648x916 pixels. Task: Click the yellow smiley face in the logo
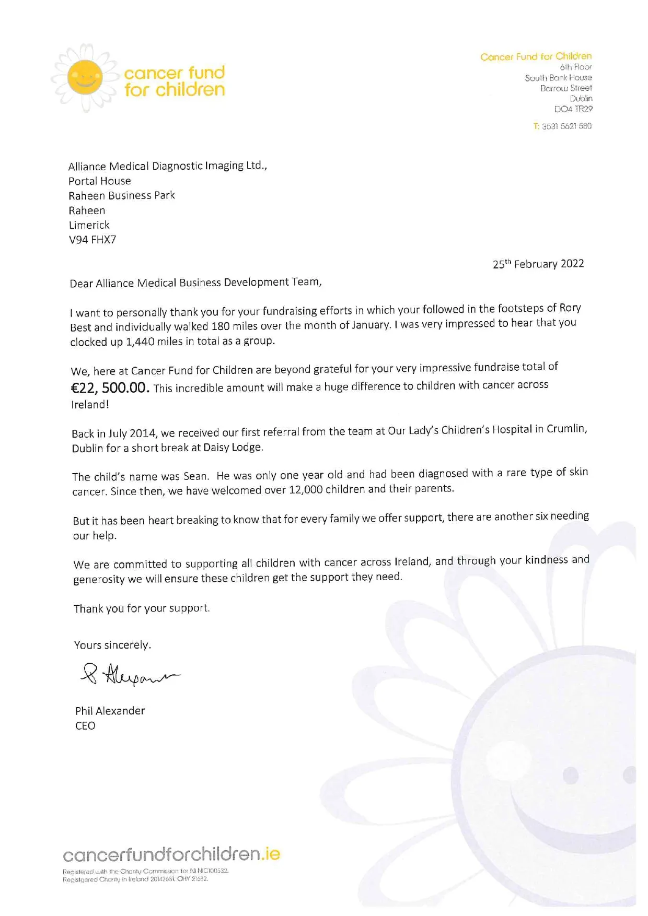85,77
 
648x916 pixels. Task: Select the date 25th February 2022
538,264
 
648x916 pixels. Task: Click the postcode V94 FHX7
92,240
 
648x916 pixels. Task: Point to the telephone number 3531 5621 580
566,126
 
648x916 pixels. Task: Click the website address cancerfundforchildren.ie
171,855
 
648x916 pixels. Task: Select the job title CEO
85,726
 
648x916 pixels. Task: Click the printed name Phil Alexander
110,711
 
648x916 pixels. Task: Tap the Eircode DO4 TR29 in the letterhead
573,109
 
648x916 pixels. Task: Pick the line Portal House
100,181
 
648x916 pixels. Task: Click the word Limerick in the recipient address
89,225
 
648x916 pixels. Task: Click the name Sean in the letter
195,476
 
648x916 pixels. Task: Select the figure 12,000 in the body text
305,490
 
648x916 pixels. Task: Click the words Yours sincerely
112,645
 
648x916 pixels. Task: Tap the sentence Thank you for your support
142,608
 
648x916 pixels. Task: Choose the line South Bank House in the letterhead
558,78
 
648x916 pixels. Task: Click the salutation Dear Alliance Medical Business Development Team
195,283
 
